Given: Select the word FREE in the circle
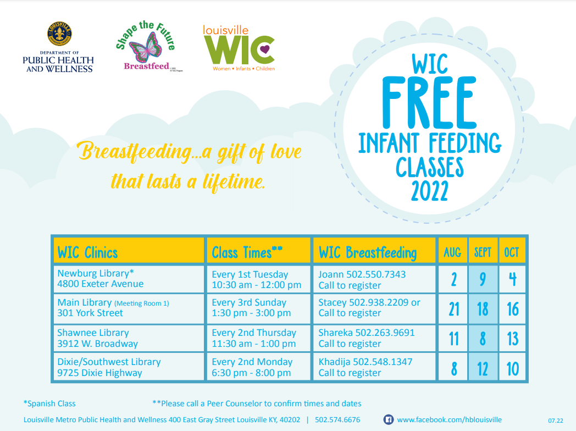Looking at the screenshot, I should click(429, 98).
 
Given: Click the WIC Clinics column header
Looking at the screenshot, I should click(87, 253).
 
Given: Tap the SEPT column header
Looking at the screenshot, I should click(482, 253).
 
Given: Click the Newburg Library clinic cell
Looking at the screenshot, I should click(101, 279).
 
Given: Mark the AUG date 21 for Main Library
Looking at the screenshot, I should click(453, 309).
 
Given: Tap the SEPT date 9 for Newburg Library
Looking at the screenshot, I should click(482, 279).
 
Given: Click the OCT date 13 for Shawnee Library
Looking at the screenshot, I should click(512, 339).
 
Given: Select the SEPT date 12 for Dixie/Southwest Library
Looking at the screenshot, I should click(482, 368).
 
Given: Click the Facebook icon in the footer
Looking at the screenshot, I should click(388, 419).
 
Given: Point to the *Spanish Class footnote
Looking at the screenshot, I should click(49, 404).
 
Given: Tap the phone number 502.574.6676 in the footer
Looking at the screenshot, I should click(337, 419).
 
